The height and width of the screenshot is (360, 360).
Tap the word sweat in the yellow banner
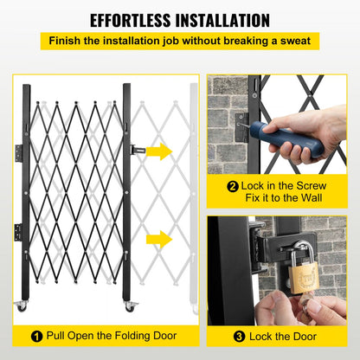pos(292,41)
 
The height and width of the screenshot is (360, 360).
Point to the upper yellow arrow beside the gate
pos(159,151)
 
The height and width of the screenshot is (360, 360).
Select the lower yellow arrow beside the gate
pos(159,239)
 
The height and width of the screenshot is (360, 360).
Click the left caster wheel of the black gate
pos(22,307)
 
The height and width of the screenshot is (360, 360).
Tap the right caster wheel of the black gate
pos(130,307)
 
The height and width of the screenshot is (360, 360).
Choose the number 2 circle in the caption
pos(233,185)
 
